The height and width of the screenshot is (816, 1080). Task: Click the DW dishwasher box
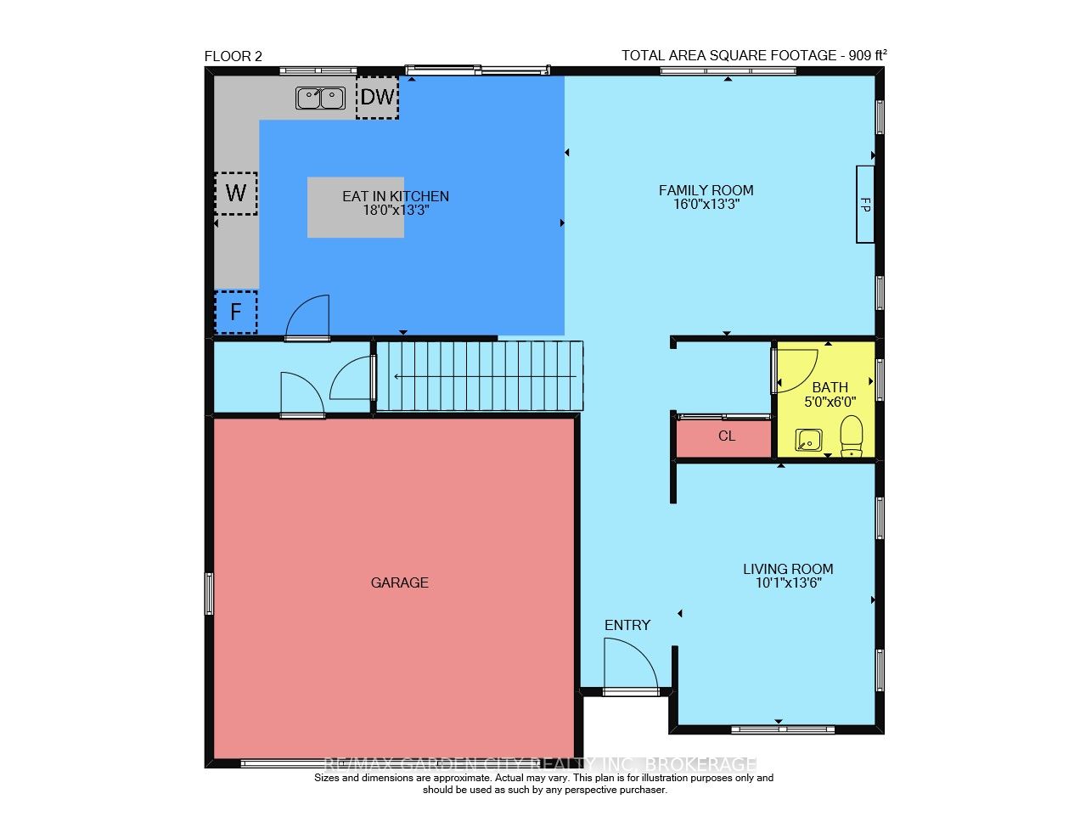pos(377,97)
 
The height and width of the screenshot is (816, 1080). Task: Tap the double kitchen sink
pos(320,98)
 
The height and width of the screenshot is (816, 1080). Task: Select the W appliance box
pos(236,194)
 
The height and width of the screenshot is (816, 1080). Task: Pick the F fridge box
pos(236,312)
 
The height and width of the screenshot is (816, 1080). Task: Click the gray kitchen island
pos(356,207)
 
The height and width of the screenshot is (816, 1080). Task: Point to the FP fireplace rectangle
pos(865,204)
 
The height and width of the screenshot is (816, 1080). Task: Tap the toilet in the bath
pos(851,436)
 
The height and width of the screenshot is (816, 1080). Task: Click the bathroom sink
pos(808,440)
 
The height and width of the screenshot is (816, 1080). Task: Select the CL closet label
pos(727,436)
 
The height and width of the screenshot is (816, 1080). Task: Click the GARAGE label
pos(400,582)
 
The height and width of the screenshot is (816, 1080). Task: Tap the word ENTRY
pos(627,625)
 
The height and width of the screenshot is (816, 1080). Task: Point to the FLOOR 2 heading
pos(233,57)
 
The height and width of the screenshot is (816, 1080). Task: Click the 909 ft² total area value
pos(868,55)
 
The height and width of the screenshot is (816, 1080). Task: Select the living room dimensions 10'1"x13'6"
pos(788,583)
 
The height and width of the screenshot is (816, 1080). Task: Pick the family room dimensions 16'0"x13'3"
pos(706,204)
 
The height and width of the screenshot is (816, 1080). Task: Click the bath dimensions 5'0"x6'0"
pos(830,402)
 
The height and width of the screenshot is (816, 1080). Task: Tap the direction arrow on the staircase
pos(485,377)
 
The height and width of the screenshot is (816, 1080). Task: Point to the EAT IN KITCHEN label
pos(396,197)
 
